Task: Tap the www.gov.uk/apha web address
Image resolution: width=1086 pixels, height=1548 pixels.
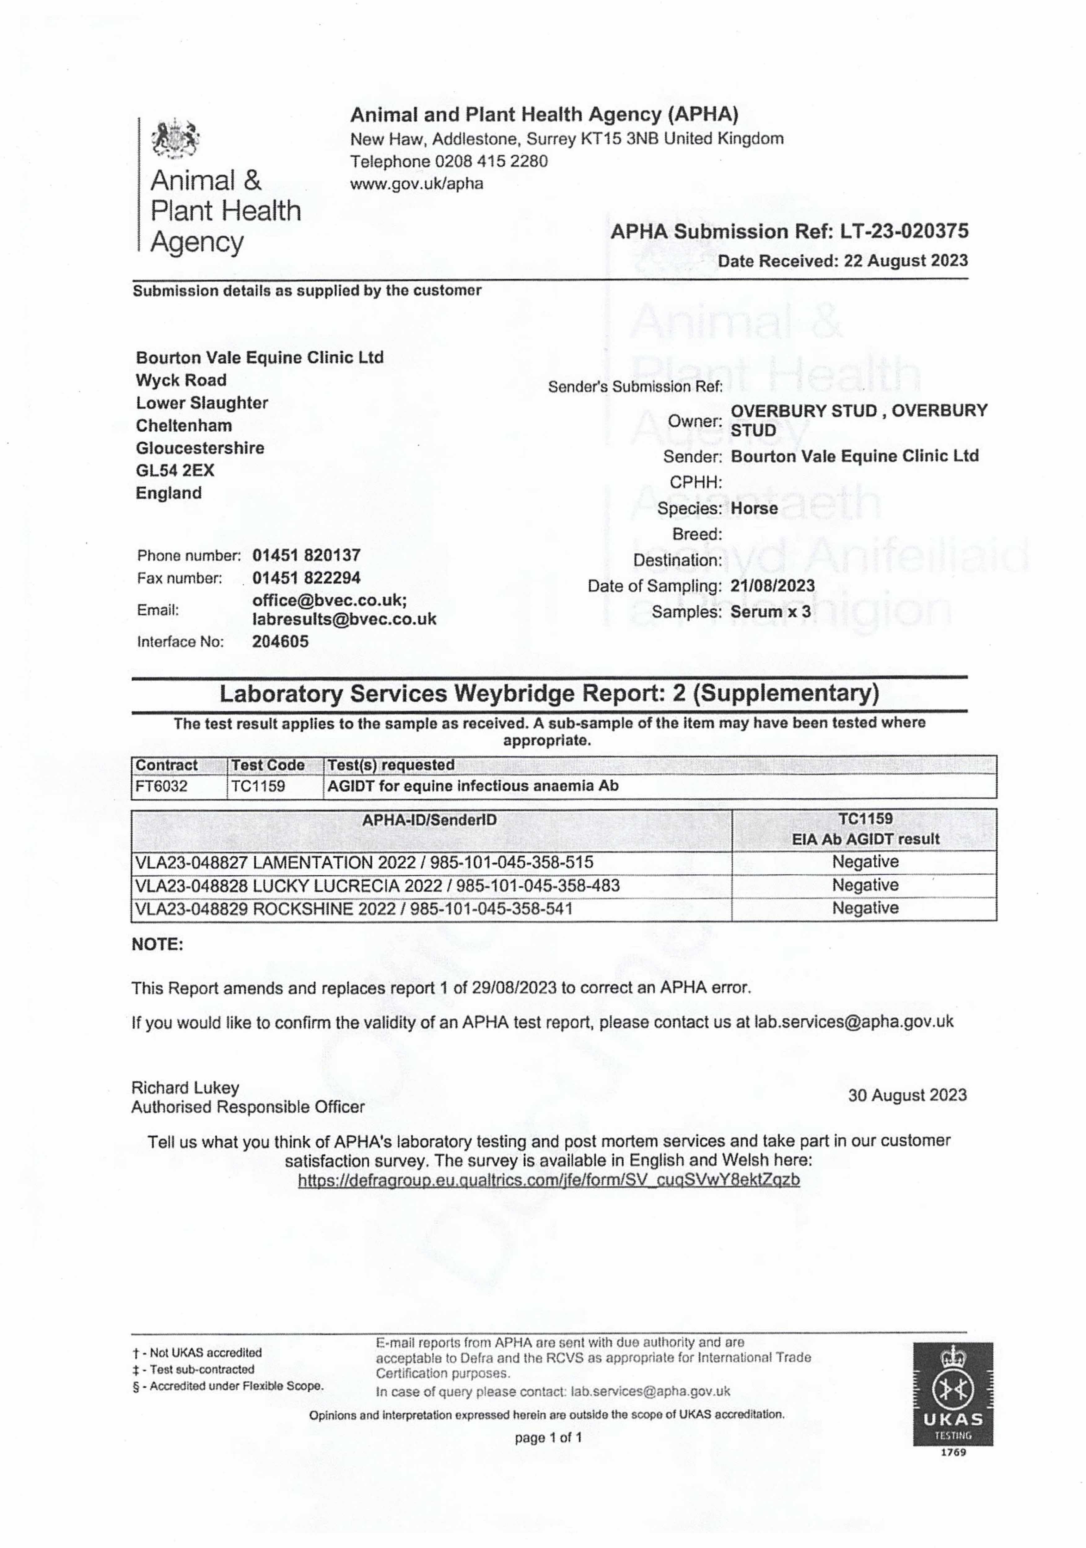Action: pos(416,183)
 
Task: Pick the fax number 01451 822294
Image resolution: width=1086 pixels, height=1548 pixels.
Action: pos(306,578)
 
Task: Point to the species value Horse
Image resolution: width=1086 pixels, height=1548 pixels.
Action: pos(754,508)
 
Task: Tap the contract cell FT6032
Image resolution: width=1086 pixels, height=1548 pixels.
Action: pos(162,786)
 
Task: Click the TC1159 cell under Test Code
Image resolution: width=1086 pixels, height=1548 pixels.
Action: pos(258,786)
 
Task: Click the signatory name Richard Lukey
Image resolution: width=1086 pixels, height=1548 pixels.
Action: pos(185,1088)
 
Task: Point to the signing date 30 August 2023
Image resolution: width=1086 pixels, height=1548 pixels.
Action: pos(907,1095)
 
